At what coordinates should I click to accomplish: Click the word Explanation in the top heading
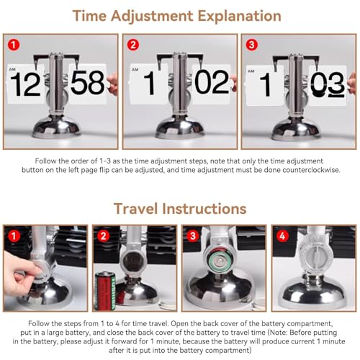[239, 17]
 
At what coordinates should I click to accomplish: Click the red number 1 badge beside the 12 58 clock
[14, 45]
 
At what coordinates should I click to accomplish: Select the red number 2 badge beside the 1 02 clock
[133, 45]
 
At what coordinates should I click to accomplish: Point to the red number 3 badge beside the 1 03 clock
[252, 45]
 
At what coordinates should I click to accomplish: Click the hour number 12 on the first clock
[25, 84]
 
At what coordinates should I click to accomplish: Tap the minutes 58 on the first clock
[88, 82]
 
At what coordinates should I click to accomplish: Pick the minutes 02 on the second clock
[212, 82]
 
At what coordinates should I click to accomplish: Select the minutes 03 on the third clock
[328, 84]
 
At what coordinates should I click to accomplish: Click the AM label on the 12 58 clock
[12, 69]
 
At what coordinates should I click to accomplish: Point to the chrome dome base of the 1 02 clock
[180, 128]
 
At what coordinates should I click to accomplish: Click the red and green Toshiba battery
[106, 290]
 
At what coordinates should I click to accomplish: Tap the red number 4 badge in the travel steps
[282, 236]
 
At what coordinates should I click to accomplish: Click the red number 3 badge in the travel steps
[193, 236]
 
